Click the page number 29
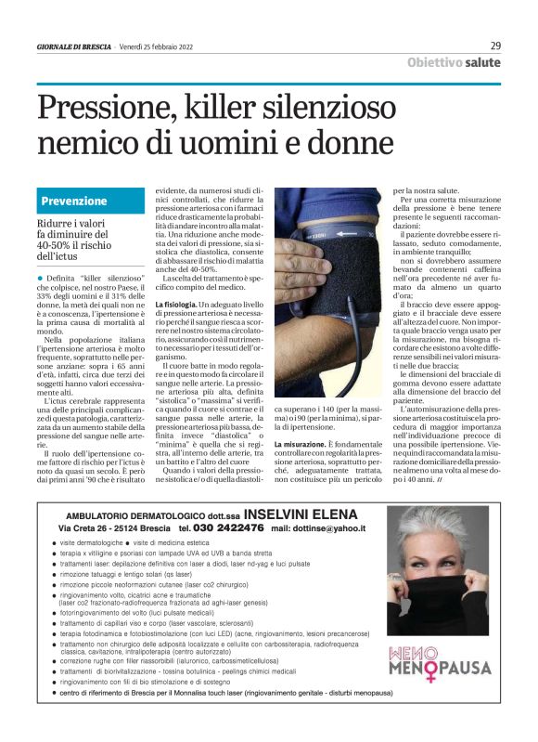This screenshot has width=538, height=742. [495, 46]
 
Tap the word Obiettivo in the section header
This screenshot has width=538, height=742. [436, 62]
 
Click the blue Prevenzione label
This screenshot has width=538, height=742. [74, 201]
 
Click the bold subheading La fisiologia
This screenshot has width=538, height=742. [175, 305]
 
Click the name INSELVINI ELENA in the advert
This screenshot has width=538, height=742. [300, 514]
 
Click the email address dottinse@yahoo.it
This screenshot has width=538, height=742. [331, 527]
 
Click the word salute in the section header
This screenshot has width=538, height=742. [484, 62]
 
